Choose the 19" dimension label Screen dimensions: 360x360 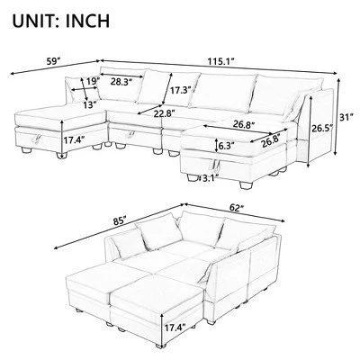click(91, 83)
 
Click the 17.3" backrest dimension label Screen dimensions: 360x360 click(177, 91)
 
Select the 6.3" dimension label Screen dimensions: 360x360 click(227, 144)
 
